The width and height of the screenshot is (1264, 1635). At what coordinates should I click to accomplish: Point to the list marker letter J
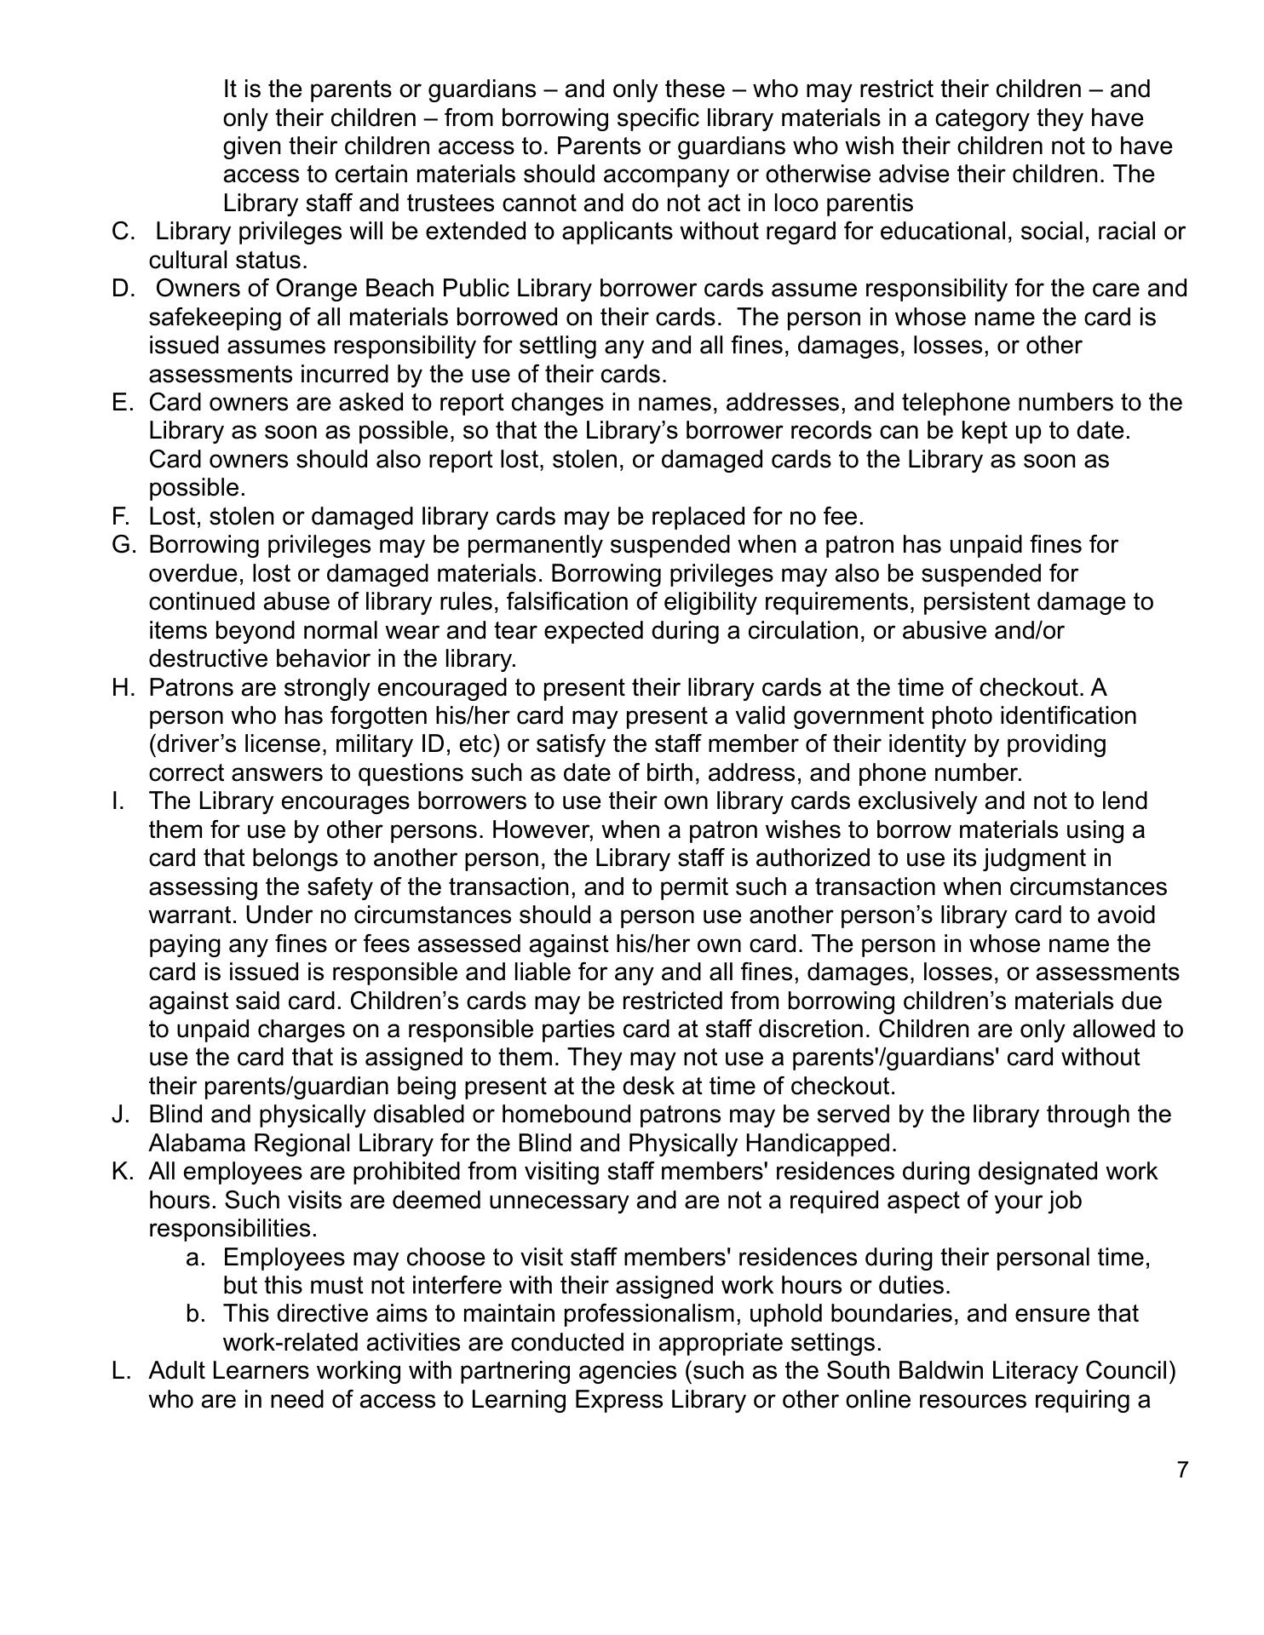pos(120,1114)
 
